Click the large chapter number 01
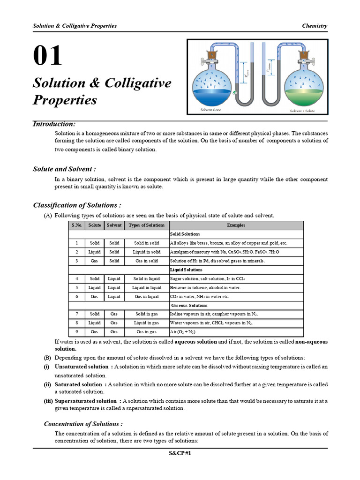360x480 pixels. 47,56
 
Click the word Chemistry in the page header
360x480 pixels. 315,26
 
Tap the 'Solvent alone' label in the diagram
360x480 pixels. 210,110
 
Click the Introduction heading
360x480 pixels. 54,124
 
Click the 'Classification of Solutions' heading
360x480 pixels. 77,205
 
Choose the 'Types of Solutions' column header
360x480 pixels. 147,225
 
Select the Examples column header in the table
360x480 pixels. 236,225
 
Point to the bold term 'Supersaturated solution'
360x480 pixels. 86,401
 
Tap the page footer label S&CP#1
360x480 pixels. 180,453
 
